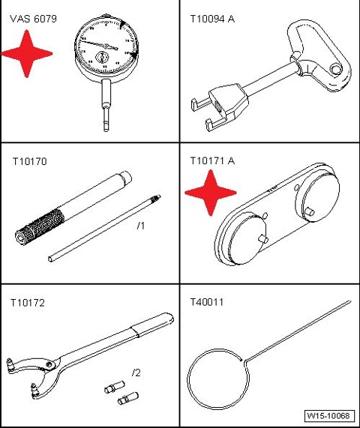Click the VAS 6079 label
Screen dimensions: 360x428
[x=33, y=19]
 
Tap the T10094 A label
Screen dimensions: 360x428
[x=212, y=19]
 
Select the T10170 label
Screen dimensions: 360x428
[x=30, y=161]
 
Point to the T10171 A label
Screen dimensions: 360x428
[x=212, y=160]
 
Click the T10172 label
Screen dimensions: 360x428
[x=28, y=303]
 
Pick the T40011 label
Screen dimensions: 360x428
[x=207, y=302]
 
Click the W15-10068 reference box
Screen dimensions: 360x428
[x=329, y=416]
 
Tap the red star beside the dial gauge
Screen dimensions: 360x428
[x=26, y=54]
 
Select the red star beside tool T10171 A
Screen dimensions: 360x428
[x=210, y=193]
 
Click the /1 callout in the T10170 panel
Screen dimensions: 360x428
[x=141, y=226]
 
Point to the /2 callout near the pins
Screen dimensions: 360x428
[x=136, y=373]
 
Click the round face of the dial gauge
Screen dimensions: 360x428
[x=106, y=46]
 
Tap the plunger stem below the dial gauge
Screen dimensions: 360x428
[x=106, y=105]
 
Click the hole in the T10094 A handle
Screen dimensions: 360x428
[x=336, y=69]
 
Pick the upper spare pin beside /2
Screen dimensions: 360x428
[x=115, y=388]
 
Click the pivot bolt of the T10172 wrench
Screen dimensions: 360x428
[x=49, y=364]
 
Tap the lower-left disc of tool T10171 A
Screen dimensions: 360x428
[x=248, y=239]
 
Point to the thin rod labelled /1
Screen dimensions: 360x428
[x=104, y=228]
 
